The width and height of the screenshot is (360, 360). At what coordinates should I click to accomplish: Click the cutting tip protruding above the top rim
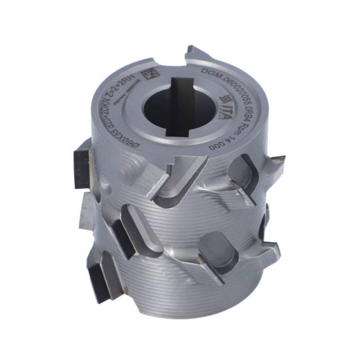click(200, 53)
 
